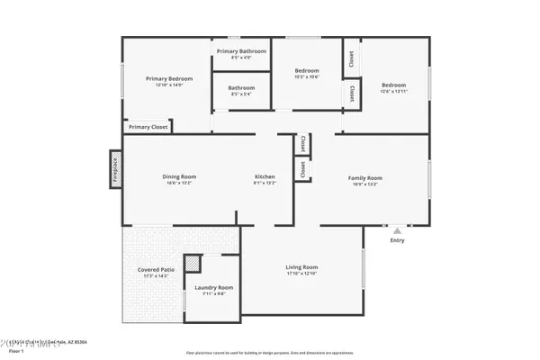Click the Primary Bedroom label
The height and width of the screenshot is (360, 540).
(165, 78)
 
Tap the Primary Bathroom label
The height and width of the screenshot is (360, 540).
(242, 51)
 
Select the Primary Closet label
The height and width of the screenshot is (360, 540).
(148, 127)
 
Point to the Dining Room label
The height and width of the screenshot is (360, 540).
(179, 176)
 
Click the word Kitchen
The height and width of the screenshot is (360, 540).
(265, 176)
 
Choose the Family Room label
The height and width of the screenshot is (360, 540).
(365, 177)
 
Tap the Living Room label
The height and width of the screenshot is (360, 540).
(302, 267)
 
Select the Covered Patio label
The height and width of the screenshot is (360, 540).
(156, 270)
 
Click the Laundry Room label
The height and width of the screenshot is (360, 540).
(214, 288)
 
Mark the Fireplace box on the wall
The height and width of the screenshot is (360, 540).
(115, 168)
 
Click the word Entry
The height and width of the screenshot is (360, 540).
(397, 240)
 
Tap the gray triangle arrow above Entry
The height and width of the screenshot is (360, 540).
(397, 230)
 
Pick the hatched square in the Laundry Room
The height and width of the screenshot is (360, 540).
(193, 264)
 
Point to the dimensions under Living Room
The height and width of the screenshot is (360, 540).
(302, 274)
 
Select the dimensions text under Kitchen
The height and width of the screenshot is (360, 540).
(265, 183)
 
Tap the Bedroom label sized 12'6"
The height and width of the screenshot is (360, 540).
(393, 85)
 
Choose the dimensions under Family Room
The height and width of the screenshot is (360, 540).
(365, 184)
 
